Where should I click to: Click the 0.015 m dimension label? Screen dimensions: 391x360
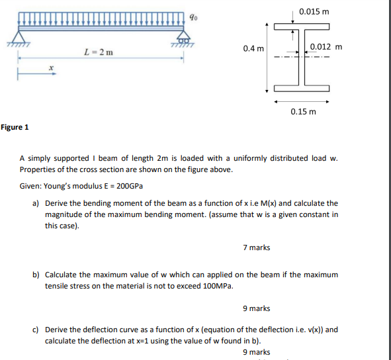(x=314, y=11)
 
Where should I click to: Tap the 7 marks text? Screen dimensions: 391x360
(x=256, y=247)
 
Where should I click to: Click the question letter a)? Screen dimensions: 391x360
(x=36, y=203)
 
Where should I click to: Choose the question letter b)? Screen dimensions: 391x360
(x=36, y=275)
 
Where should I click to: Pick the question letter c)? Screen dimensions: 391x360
(x=36, y=330)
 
